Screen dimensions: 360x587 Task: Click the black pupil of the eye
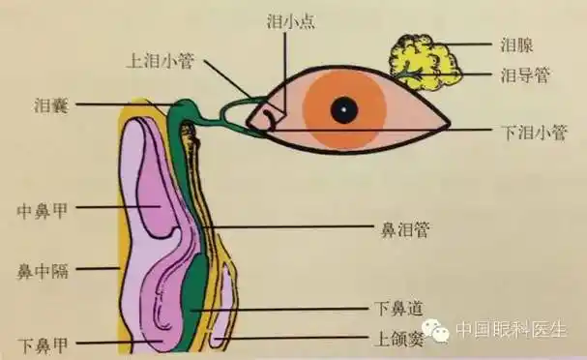pos(342,110)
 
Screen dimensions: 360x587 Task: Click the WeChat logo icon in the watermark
pos(440,330)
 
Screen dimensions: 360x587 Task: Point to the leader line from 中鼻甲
pos(106,206)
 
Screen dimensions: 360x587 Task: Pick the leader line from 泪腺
pos(469,44)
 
